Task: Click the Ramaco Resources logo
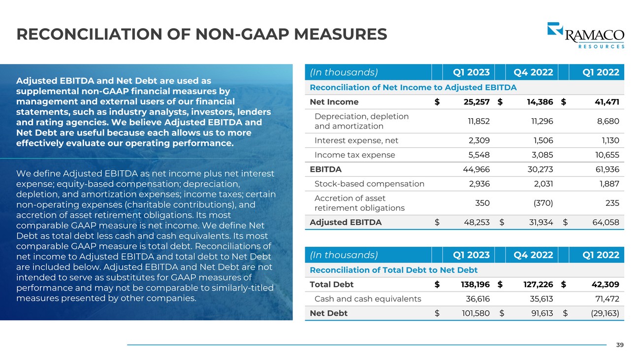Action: point(585,35)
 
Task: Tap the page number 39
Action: point(620,345)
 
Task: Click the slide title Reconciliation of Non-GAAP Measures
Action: point(202,34)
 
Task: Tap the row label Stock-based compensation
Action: point(369,184)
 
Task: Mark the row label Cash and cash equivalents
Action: point(367,298)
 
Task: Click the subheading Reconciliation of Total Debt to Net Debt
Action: point(393,270)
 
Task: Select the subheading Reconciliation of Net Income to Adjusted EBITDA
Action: point(413,87)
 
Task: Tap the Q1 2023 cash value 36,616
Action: point(478,298)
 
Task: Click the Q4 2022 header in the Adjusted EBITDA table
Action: point(533,72)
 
